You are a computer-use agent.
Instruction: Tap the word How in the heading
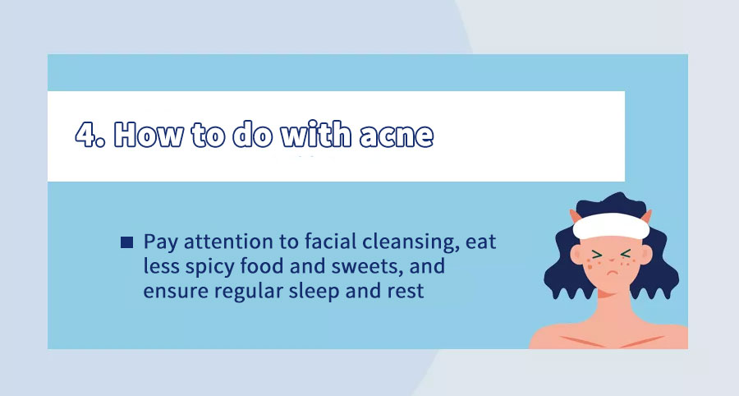(x=149, y=135)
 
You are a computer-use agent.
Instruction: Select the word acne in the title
(x=397, y=136)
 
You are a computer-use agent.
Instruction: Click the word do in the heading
(x=253, y=135)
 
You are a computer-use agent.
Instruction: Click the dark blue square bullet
(x=126, y=242)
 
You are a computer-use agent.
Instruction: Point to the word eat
(x=480, y=242)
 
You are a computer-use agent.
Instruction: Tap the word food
(x=262, y=266)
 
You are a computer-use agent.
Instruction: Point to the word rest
(x=406, y=292)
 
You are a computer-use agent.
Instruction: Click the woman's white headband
(x=611, y=226)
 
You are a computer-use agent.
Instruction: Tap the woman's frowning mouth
(x=611, y=274)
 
